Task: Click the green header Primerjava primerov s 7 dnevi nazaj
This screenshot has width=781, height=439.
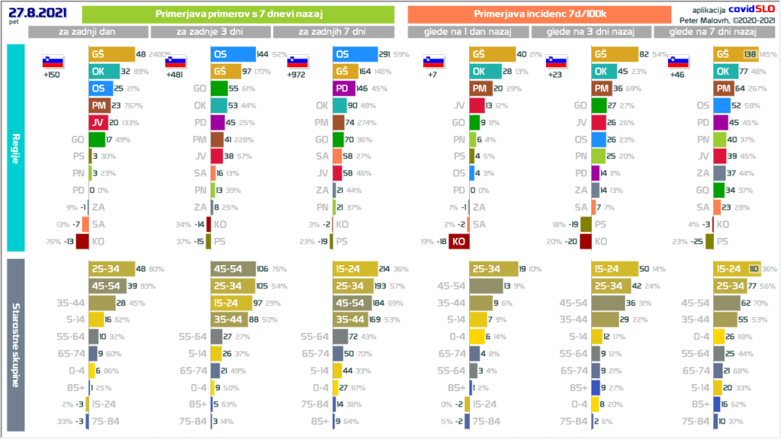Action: click(x=238, y=14)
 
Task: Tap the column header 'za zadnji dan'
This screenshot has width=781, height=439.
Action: click(x=88, y=32)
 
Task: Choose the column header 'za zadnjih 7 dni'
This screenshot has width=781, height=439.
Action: click(x=333, y=32)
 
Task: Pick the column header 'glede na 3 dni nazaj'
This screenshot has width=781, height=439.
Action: click(x=592, y=32)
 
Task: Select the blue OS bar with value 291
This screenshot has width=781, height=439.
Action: click(x=355, y=55)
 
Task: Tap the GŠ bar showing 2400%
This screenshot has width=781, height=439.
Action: click(x=111, y=55)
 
